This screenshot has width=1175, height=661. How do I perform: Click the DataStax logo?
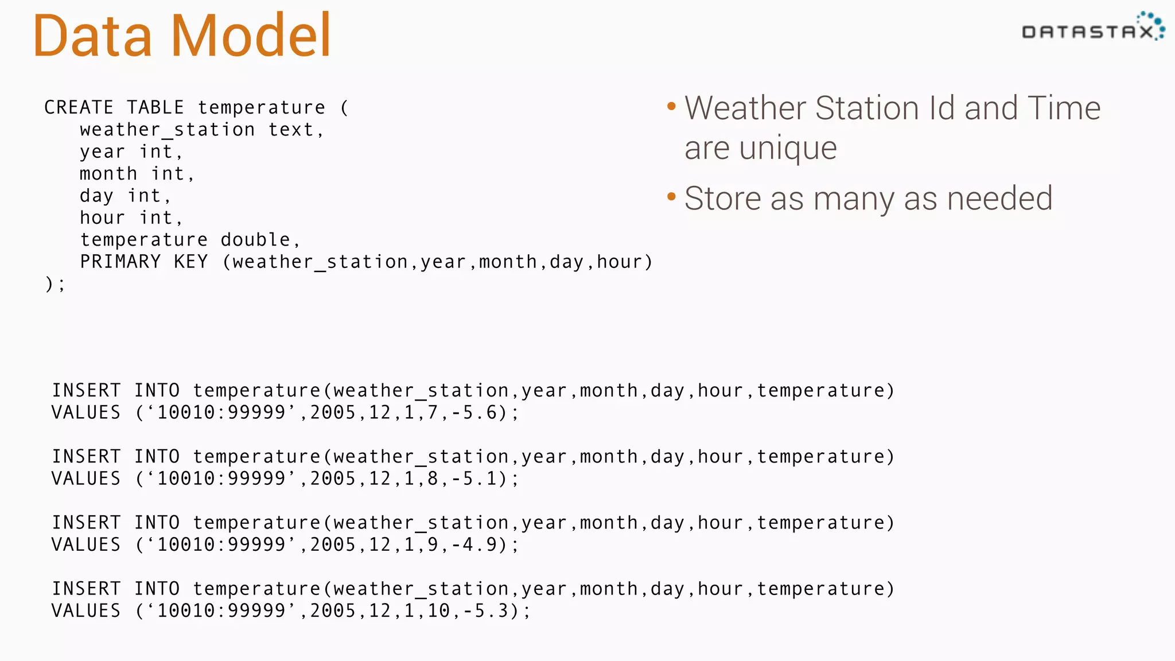pos(1092,29)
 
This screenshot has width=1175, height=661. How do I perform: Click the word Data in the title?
pos(92,36)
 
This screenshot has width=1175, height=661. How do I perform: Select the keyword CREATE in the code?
pos(79,107)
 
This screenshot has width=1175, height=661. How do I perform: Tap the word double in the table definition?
pos(255,240)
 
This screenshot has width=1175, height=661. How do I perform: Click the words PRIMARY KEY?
pos(143,262)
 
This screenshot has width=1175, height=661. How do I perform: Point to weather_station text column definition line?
pos(201,130)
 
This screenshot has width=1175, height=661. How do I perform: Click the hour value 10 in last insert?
pos(439,611)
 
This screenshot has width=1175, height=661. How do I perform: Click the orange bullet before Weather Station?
pos(671,107)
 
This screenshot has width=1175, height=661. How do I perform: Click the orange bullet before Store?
pos(671,197)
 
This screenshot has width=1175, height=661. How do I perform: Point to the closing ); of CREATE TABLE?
pos(55,284)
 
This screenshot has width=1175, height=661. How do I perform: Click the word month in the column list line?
pos(108,174)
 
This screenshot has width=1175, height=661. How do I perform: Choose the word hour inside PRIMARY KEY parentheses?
pos(619,262)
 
